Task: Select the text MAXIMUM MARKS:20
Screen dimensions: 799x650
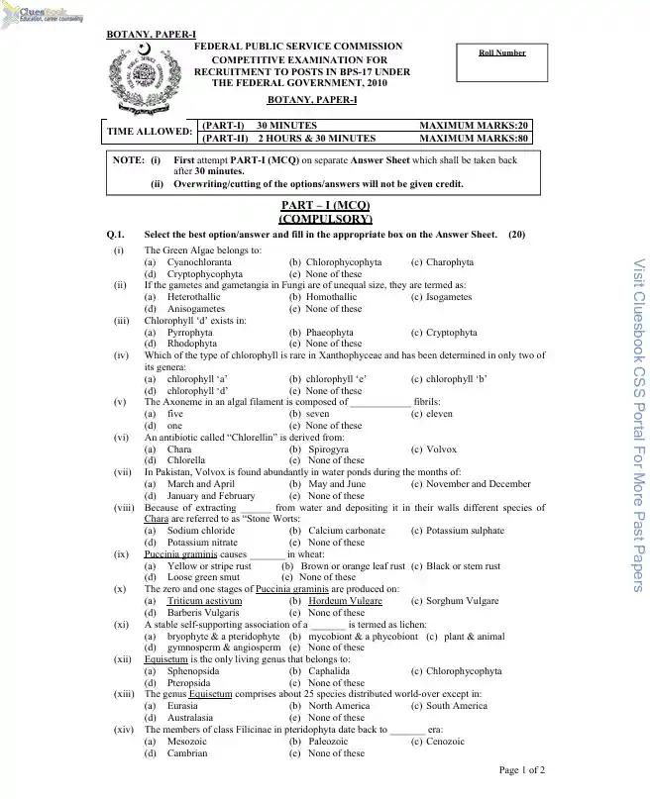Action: tap(474, 126)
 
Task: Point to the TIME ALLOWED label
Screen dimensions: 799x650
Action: tap(151, 132)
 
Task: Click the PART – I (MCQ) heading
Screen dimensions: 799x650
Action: tap(325, 205)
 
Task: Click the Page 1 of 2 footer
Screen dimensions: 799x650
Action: tap(521, 769)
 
